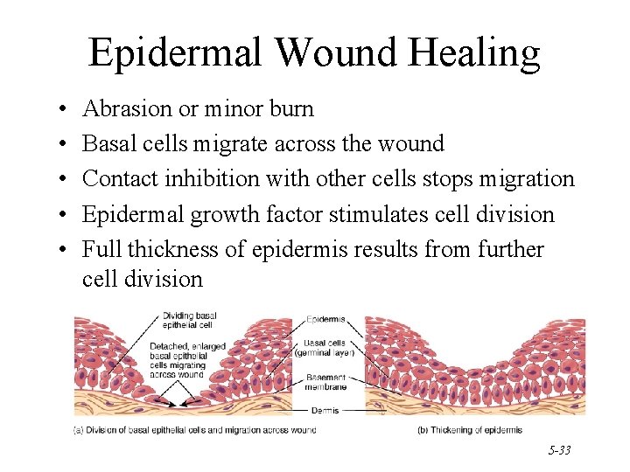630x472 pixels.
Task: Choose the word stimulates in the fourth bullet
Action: [379, 214]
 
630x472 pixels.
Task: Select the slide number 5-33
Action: [560, 450]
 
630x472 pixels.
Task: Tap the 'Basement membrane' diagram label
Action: [326, 382]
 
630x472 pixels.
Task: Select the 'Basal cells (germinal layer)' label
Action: [327, 347]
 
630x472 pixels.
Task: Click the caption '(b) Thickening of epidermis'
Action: [471, 429]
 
